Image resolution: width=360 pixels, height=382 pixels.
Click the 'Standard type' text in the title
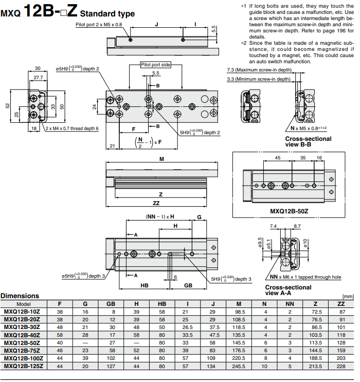click(107, 14)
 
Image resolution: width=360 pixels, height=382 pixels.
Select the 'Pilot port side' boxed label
click(156, 65)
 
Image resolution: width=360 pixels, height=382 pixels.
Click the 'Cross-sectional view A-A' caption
click(288, 290)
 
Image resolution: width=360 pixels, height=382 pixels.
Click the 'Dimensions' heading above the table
click(20, 296)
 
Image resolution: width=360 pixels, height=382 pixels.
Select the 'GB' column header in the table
click(111, 303)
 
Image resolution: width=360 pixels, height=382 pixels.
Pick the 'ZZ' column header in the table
click(341, 303)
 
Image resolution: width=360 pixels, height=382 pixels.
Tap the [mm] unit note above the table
click(348, 297)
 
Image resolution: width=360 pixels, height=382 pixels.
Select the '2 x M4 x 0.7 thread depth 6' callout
click(71, 129)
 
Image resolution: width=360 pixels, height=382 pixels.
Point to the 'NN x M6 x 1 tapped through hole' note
click(302, 277)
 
